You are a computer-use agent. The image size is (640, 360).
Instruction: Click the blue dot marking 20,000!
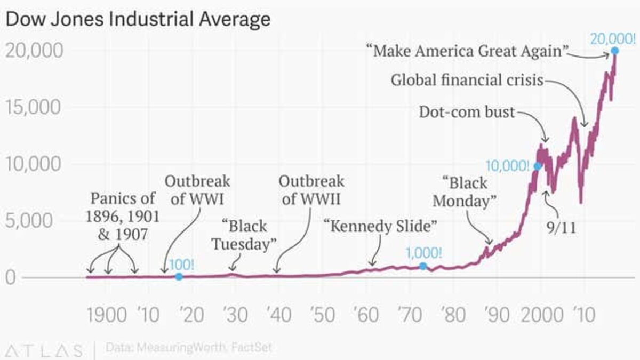(x=614, y=51)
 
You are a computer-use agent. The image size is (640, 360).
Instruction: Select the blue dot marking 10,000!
(x=538, y=166)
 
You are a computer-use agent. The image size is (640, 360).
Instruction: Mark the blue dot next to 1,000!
(x=423, y=266)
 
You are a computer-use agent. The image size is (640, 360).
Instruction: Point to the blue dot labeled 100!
(x=179, y=276)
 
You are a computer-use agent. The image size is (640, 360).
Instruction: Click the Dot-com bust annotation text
(x=467, y=113)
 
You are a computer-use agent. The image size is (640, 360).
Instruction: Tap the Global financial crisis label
(x=467, y=81)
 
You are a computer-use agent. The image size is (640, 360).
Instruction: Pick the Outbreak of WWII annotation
(x=311, y=190)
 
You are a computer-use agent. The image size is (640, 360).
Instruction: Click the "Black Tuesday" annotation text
(x=244, y=235)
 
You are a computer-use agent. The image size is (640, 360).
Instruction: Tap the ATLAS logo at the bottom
(x=42, y=350)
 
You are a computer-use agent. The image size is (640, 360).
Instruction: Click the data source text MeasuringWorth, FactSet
(x=189, y=348)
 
